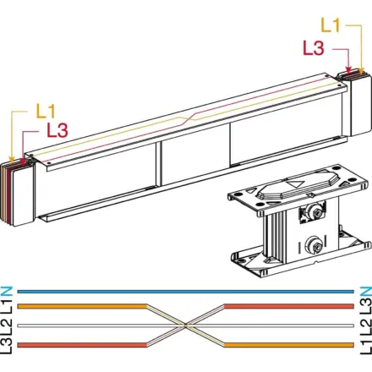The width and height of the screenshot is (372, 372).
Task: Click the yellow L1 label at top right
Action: [331, 25]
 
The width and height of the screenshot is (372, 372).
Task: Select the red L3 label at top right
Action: [314, 48]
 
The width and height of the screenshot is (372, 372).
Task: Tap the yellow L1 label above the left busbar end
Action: [46, 111]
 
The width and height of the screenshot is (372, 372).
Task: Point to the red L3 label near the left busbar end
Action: [57, 130]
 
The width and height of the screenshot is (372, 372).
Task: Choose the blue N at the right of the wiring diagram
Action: [366, 292]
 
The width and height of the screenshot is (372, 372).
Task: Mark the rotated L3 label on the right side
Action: [366, 306]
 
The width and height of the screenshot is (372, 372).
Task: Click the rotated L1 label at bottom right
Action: [366, 346]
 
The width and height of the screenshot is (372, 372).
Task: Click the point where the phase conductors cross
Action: [185, 325]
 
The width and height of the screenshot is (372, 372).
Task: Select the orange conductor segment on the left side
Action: [82, 306]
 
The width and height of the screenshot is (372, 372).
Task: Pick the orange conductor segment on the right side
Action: [289, 345]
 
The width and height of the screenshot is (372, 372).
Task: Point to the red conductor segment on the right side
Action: [289, 306]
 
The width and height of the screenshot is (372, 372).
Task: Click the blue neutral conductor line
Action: [185, 292]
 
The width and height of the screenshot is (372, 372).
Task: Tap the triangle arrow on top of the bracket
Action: [295, 184]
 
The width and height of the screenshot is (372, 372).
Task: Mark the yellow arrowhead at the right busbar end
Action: [361, 71]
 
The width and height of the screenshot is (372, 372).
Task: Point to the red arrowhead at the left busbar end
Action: [23, 161]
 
